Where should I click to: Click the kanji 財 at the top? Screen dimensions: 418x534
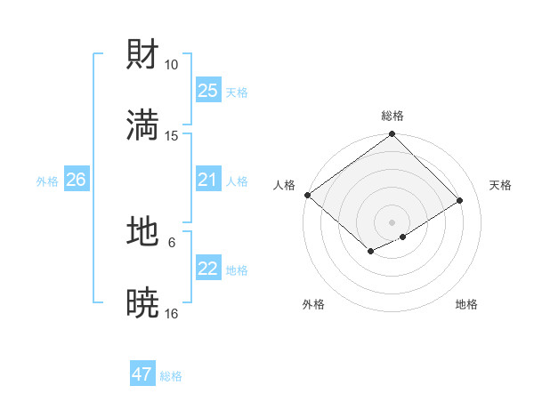(143, 55)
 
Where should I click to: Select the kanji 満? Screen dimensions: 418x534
(143, 125)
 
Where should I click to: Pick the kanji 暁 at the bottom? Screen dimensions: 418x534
(143, 302)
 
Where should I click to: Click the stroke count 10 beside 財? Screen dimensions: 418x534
(172, 65)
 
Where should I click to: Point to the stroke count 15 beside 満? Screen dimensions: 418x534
(172, 135)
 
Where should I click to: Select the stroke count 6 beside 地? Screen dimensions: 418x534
(172, 241)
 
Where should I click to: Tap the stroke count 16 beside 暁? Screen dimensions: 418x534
(172, 312)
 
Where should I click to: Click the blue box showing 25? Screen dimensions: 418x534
(207, 90)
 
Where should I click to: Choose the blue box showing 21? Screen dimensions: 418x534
(207, 180)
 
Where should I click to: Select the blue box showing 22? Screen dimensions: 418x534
(207, 269)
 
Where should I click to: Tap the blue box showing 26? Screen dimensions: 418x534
(76, 180)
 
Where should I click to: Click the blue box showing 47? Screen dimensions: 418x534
(142, 374)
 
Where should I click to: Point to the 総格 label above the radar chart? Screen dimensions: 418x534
(392, 116)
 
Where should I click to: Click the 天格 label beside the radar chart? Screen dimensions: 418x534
(500, 185)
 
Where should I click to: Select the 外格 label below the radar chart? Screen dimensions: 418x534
(313, 304)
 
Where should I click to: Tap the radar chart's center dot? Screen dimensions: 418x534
(392, 221)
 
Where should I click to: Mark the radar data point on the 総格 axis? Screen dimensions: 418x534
(392, 135)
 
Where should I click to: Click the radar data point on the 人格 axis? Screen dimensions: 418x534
(307, 195)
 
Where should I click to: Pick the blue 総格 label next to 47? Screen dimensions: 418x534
(171, 376)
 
